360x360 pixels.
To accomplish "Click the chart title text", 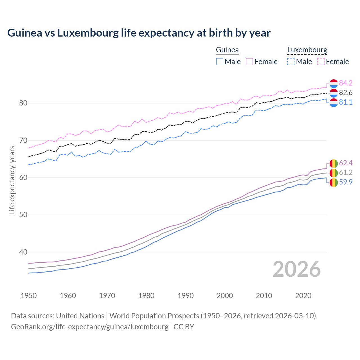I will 139,33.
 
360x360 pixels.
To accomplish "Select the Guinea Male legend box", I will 220,62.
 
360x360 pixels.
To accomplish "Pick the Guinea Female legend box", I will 249,62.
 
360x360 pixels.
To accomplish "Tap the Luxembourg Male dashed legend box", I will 291,62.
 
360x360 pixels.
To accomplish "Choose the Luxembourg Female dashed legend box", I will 321,62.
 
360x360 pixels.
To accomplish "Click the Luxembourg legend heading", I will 307,50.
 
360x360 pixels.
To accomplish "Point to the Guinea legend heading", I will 227,50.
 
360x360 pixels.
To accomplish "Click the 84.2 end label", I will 346,83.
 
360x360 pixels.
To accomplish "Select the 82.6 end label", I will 346,93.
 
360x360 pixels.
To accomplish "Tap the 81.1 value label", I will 346,102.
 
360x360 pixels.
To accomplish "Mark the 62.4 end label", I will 346,163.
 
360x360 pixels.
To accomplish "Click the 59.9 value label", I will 346,182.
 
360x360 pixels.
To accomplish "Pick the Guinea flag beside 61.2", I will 333,173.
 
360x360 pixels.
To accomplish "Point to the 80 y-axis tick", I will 23,103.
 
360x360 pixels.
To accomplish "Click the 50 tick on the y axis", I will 23,215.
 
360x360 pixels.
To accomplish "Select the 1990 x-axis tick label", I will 186,296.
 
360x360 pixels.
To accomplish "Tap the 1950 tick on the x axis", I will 29,296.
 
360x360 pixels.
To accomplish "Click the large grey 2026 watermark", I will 296,269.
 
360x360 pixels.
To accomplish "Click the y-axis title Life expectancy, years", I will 12,180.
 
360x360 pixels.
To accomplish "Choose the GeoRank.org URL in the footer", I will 89,327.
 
